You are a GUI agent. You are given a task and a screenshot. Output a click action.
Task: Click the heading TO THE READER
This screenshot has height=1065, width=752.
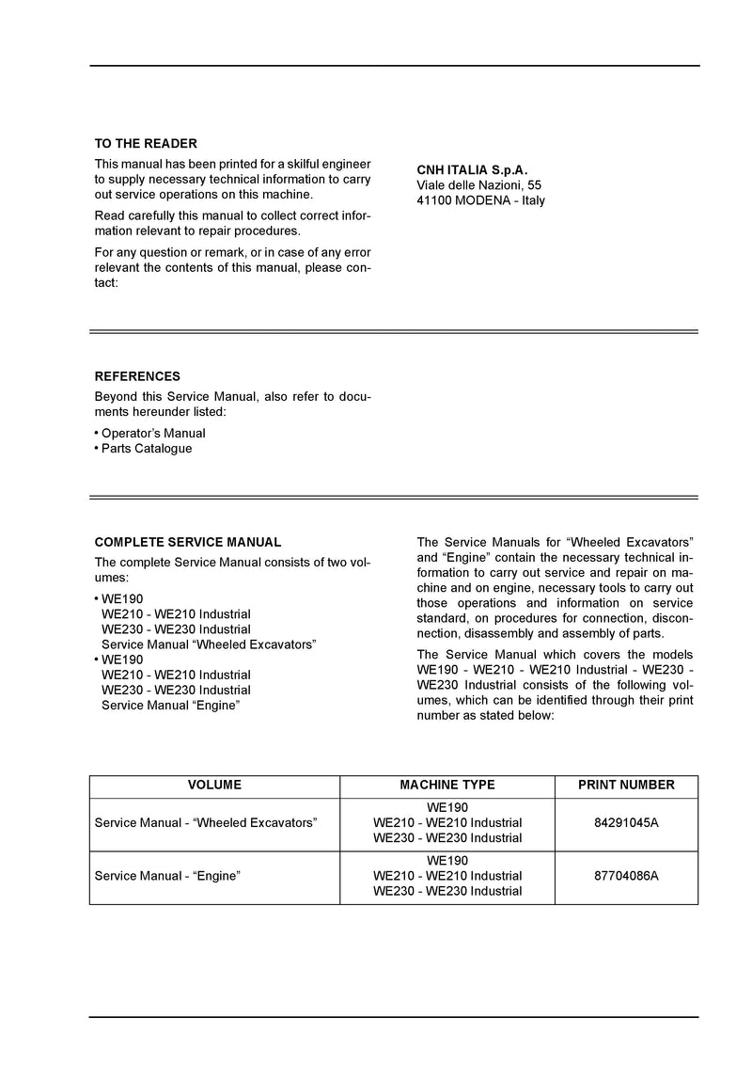(146, 144)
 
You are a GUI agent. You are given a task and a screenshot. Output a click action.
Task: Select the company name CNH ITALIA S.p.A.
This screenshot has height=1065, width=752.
(472, 170)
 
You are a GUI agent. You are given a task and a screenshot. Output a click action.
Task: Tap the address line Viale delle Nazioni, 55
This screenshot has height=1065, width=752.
(478, 185)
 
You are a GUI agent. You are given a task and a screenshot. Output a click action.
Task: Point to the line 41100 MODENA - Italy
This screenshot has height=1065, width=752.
(480, 200)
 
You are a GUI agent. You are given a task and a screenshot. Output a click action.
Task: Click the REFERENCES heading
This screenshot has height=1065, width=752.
(137, 376)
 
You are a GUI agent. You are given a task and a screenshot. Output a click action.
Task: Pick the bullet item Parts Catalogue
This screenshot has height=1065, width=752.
(147, 448)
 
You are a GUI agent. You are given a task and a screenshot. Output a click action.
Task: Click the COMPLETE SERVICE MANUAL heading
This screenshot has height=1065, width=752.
(188, 542)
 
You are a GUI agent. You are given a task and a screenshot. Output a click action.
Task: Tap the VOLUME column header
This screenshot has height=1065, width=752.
(214, 785)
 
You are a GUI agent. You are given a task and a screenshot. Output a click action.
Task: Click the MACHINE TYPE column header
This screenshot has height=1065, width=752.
(447, 785)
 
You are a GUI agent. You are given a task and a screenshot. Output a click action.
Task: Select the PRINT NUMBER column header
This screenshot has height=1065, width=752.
(626, 785)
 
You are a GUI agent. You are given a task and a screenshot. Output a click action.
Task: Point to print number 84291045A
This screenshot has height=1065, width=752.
(626, 822)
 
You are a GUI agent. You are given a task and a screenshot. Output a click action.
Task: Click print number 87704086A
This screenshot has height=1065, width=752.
(626, 875)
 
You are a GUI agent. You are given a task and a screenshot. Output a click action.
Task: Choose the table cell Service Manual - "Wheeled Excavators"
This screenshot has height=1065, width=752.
(206, 822)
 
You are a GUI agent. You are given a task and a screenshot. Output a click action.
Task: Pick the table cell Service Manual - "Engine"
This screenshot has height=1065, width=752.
(167, 875)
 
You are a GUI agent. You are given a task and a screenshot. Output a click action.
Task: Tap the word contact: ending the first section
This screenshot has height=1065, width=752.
(106, 282)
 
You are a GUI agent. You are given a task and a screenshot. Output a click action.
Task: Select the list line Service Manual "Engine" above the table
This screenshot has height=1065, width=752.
(169, 705)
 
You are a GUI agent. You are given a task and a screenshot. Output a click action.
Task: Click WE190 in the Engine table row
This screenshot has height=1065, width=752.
(447, 860)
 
